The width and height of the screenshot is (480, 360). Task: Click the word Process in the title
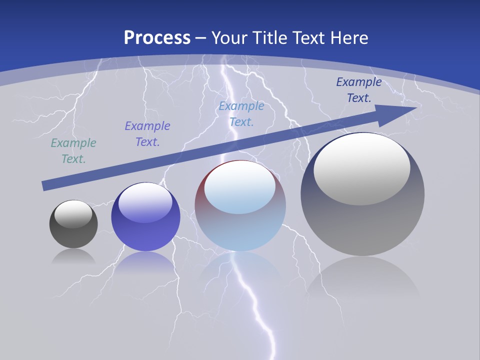[x=157, y=38]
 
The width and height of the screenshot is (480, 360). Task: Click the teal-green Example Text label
[x=73, y=151]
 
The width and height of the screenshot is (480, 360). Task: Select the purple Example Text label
[x=147, y=134]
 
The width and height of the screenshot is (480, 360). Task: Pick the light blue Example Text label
[x=241, y=114]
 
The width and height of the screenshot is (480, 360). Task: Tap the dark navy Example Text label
[x=358, y=90]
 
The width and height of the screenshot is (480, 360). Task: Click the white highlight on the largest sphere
[x=362, y=169]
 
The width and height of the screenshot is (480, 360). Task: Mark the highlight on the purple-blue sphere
[x=145, y=203]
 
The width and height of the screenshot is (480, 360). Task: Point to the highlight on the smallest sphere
[x=73, y=214]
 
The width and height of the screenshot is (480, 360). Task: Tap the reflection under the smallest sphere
[x=73, y=257]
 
